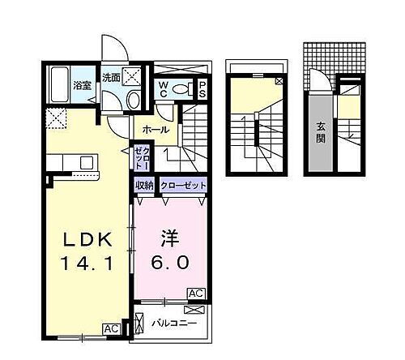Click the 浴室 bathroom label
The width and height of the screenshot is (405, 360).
[x=82, y=85]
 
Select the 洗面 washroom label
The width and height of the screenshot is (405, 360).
[x=111, y=79]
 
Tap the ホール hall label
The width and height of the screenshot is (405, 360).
[x=156, y=130]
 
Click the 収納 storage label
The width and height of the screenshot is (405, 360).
[x=144, y=186]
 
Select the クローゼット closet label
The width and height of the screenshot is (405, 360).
[x=183, y=186]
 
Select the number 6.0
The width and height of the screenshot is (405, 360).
[x=170, y=263]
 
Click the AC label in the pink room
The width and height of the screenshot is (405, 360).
[x=197, y=293]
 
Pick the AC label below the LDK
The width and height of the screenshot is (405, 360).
[x=112, y=329]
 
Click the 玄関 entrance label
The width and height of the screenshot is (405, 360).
[x=321, y=131]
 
